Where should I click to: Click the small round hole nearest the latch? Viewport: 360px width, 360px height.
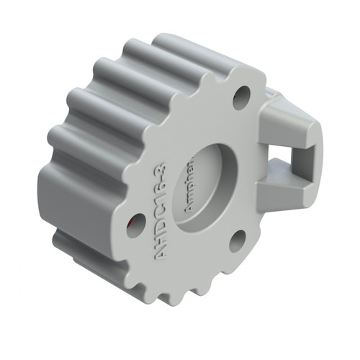tap(241, 96)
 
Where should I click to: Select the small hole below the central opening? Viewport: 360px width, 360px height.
tap(238, 240)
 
